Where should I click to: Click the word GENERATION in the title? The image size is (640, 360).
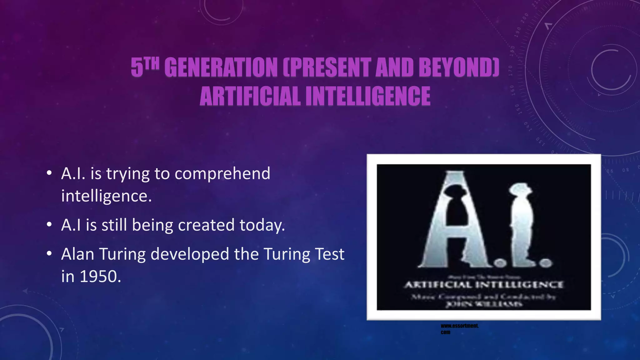[x=221, y=67]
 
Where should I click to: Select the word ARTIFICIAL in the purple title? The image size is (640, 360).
[x=250, y=96]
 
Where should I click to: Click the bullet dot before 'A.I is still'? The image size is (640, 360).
[x=49, y=225]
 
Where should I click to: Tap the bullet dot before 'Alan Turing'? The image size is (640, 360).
[x=49, y=254]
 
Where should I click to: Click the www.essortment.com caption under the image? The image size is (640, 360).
[x=459, y=329]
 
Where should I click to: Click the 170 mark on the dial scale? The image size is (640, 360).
[x=511, y=71]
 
